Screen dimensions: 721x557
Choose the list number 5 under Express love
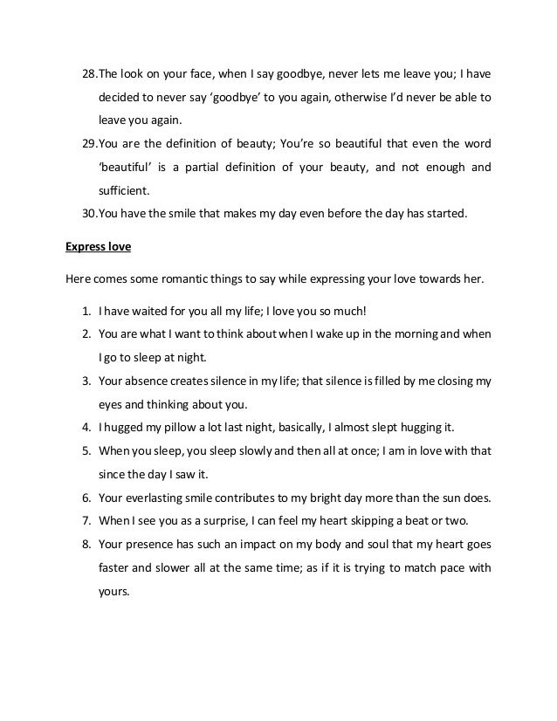point(87,451)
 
